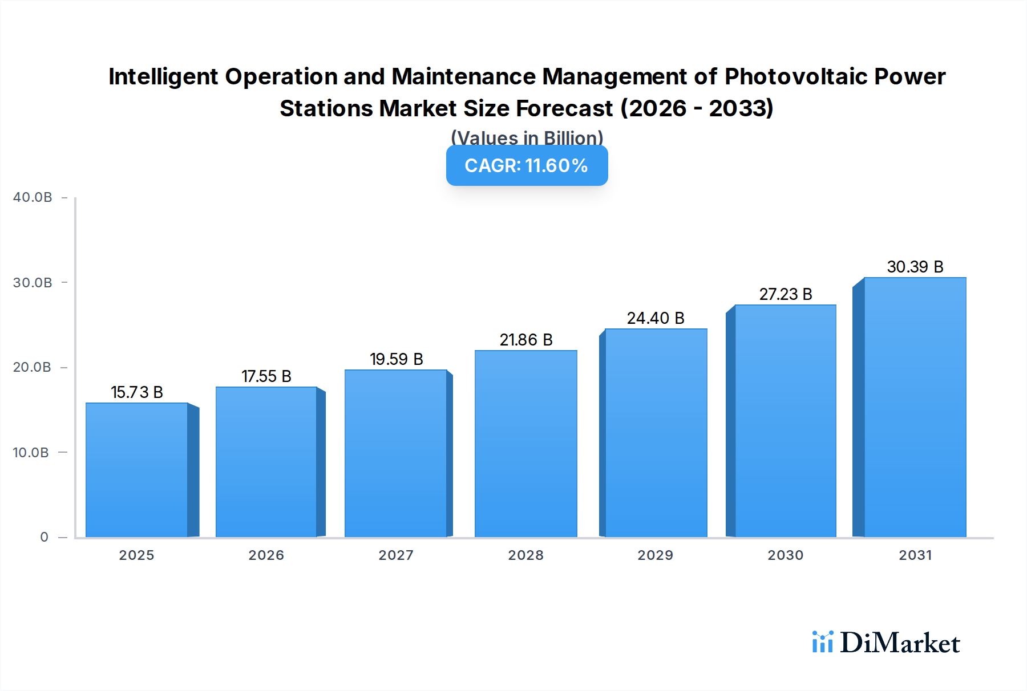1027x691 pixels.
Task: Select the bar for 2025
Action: pyautogui.click(x=137, y=470)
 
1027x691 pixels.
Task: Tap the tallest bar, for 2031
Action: pyautogui.click(x=915, y=407)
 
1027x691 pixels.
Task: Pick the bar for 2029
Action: pyautogui.click(x=656, y=433)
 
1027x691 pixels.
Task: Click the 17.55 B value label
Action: pyautogui.click(x=266, y=376)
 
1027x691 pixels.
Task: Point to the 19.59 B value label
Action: pyautogui.click(x=396, y=359)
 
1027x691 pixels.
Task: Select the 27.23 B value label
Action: pyautogui.click(x=785, y=294)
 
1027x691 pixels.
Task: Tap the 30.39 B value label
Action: pyautogui.click(x=915, y=267)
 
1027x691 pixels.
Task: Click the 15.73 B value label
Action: pyautogui.click(x=137, y=392)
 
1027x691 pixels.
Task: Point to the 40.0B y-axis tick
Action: pyautogui.click(x=33, y=197)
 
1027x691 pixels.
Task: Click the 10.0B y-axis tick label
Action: pyautogui.click(x=31, y=453)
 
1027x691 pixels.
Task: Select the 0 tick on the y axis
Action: pyautogui.click(x=44, y=537)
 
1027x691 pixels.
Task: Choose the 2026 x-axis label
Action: pyautogui.click(x=266, y=555)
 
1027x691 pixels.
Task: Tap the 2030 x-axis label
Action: pyautogui.click(x=785, y=555)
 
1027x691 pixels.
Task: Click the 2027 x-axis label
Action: pyautogui.click(x=396, y=555)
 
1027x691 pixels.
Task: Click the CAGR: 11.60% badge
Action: pyautogui.click(x=527, y=166)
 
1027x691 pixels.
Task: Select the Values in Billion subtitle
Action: pyautogui.click(x=527, y=138)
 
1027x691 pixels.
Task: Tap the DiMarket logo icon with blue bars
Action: pyautogui.click(x=822, y=642)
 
